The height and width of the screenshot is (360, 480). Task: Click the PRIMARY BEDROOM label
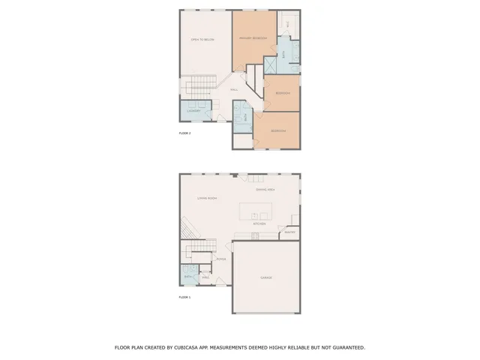[x=254, y=38]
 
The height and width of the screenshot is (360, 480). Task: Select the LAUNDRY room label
[x=193, y=110]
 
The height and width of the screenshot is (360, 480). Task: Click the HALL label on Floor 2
[x=234, y=89]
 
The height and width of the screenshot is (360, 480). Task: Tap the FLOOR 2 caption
[x=184, y=133]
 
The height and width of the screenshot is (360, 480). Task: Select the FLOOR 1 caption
[x=184, y=298]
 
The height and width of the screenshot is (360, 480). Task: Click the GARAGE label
[x=266, y=277]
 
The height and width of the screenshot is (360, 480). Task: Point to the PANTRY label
[x=289, y=232]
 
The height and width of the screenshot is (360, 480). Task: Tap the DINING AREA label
[x=265, y=190]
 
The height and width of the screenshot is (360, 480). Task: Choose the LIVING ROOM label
[x=207, y=199]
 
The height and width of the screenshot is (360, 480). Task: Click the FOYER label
[x=220, y=259]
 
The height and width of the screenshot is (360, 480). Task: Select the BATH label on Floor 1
[x=188, y=277]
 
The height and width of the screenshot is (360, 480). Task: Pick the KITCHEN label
[x=259, y=223]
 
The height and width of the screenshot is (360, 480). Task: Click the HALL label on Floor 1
[x=204, y=277]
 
